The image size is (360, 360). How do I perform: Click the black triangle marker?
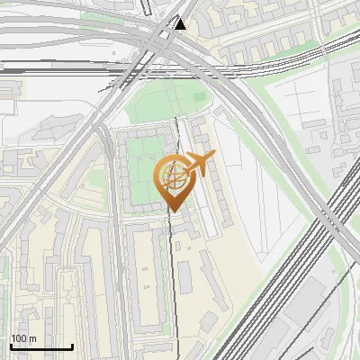[181, 23]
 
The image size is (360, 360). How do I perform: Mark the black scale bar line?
[41, 347]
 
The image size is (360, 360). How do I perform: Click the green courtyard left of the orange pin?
[144, 166]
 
